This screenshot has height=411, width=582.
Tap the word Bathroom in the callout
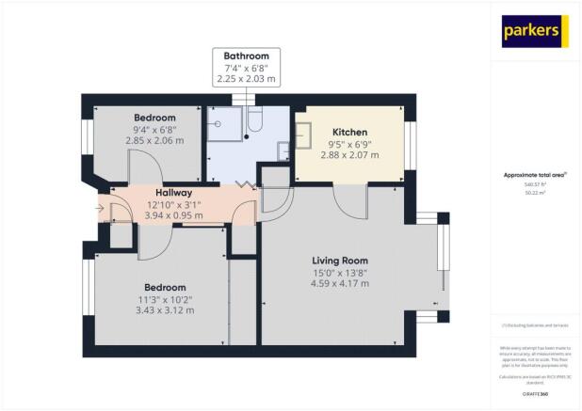pyautogui.click(x=246, y=56)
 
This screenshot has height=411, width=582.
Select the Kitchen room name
pyautogui.click(x=349, y=132)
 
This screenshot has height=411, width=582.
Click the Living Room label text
pyautogui.click(x=340, y=260)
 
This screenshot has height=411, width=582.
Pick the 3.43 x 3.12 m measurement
pyautogui.click(x=165, y=310)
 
